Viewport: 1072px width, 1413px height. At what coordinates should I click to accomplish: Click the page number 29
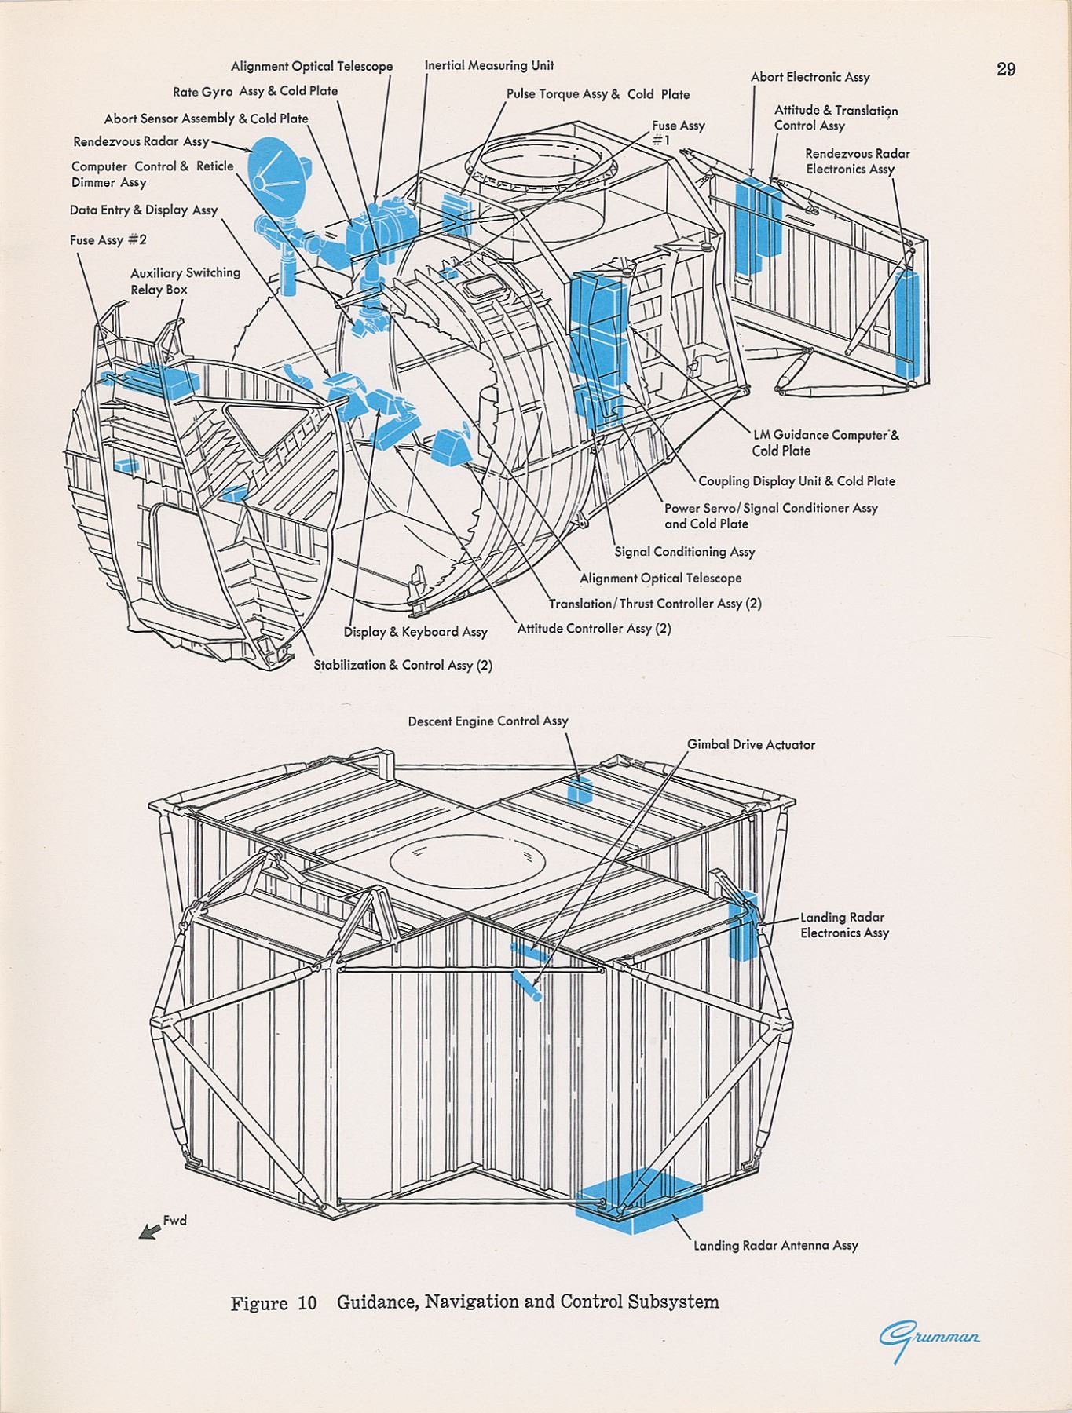tap(1005, 69)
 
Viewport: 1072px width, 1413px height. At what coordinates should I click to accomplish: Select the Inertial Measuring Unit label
tap(488, 65)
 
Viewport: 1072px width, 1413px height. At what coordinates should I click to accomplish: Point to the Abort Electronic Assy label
tap(810, 77)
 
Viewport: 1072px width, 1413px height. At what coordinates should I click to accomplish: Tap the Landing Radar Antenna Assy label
tap(775, 1245)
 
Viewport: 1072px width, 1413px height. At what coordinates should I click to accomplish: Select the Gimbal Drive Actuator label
tap(751, 744)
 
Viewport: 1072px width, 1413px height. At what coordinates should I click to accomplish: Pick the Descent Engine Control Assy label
tap(488, 721)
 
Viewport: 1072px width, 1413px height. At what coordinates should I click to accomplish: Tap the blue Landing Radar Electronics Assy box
tap(742, 925)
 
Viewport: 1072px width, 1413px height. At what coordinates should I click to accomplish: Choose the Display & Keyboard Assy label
tap(415, 632)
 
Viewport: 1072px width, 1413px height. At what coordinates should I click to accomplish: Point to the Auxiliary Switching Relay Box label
tap(185, 281)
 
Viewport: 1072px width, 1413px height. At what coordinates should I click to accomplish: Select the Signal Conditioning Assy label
tap(684, 552)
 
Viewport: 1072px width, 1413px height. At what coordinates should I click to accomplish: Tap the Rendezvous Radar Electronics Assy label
tap(857, 161)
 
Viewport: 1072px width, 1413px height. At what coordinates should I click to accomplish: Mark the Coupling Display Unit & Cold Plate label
tap(796, 481)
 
